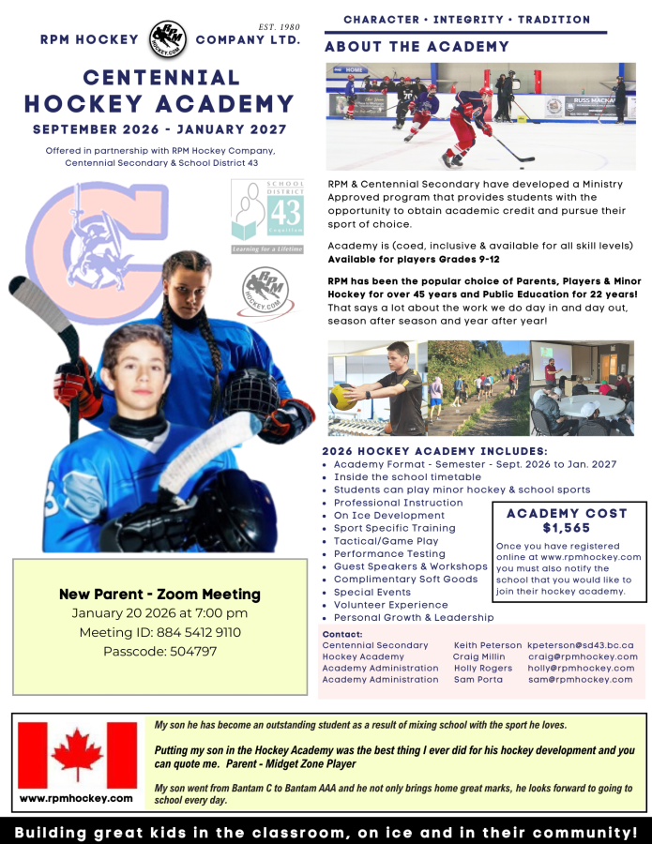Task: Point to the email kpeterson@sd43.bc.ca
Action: point(581,645)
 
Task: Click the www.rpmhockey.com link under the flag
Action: point(76,798)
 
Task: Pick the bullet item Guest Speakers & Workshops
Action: point(410,566)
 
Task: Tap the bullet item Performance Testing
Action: point(389,553)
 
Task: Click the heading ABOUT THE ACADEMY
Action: point(417,47)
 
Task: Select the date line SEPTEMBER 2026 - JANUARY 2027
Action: point(159,128)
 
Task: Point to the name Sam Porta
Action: point(478,679)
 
